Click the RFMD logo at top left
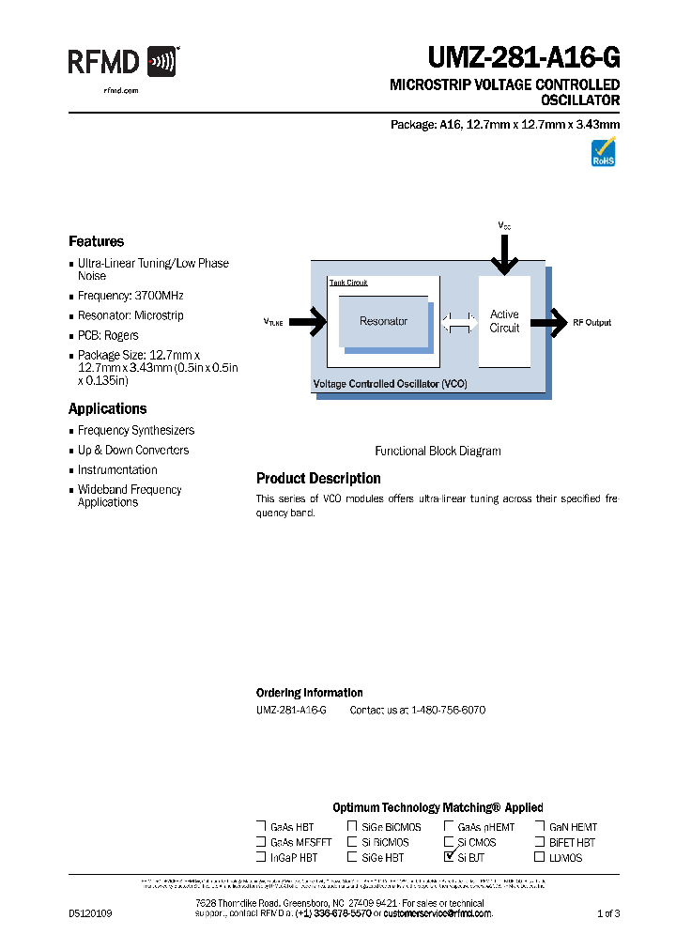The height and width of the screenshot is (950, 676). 122,63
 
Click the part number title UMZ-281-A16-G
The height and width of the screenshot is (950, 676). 524,59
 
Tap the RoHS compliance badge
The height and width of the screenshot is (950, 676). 603,153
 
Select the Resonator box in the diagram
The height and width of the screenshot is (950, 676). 383,322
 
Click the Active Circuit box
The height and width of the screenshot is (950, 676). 504,321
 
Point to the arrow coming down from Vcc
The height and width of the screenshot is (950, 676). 505,253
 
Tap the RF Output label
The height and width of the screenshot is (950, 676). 591,322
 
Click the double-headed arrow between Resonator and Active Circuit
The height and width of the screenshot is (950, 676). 459,322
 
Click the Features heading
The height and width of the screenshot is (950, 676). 96,241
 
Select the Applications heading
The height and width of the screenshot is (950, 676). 107,409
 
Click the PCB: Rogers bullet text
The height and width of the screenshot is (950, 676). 108,335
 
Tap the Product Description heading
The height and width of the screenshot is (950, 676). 318,479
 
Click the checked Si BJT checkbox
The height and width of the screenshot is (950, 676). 449,856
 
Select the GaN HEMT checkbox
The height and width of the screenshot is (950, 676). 540,827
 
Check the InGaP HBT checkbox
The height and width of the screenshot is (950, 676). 261,857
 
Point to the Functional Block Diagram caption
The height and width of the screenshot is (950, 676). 438,451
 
